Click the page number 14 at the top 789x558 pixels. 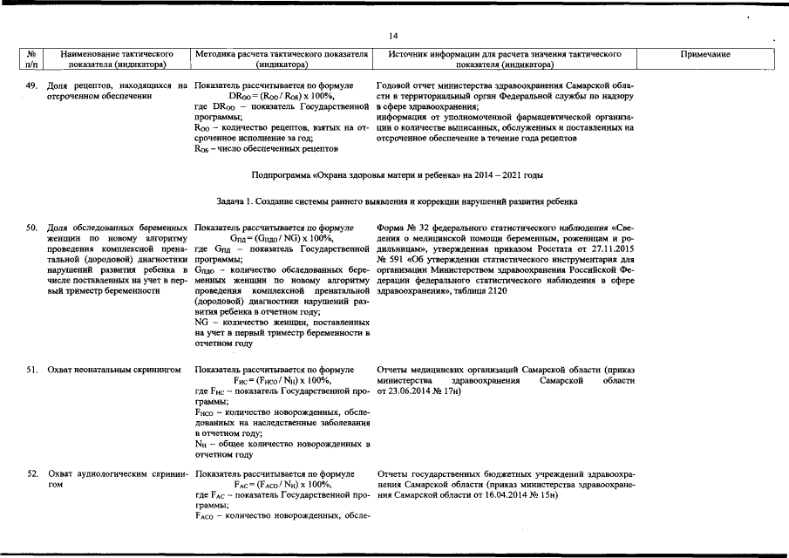(x=393, y=36)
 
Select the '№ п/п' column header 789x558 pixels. (x=31, y=59)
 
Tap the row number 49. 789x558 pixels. (x=31, y=85)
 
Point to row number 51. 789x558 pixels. (x=31, y=370)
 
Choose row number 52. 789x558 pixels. (x=31, y=474)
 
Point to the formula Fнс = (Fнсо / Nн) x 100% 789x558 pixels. (x=282, y=380)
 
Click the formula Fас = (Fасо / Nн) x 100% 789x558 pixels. (x=283, y=485)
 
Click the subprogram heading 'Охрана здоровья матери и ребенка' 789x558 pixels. (x=397, y=175)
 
